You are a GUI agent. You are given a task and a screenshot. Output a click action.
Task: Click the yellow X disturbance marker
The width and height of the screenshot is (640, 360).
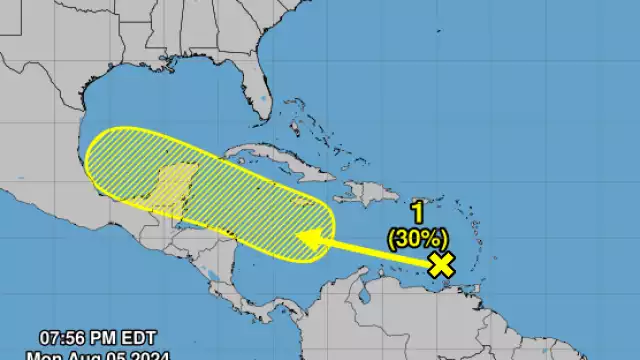tap(441, 264)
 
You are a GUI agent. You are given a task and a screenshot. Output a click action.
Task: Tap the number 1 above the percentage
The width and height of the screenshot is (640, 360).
tap(418, 212)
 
